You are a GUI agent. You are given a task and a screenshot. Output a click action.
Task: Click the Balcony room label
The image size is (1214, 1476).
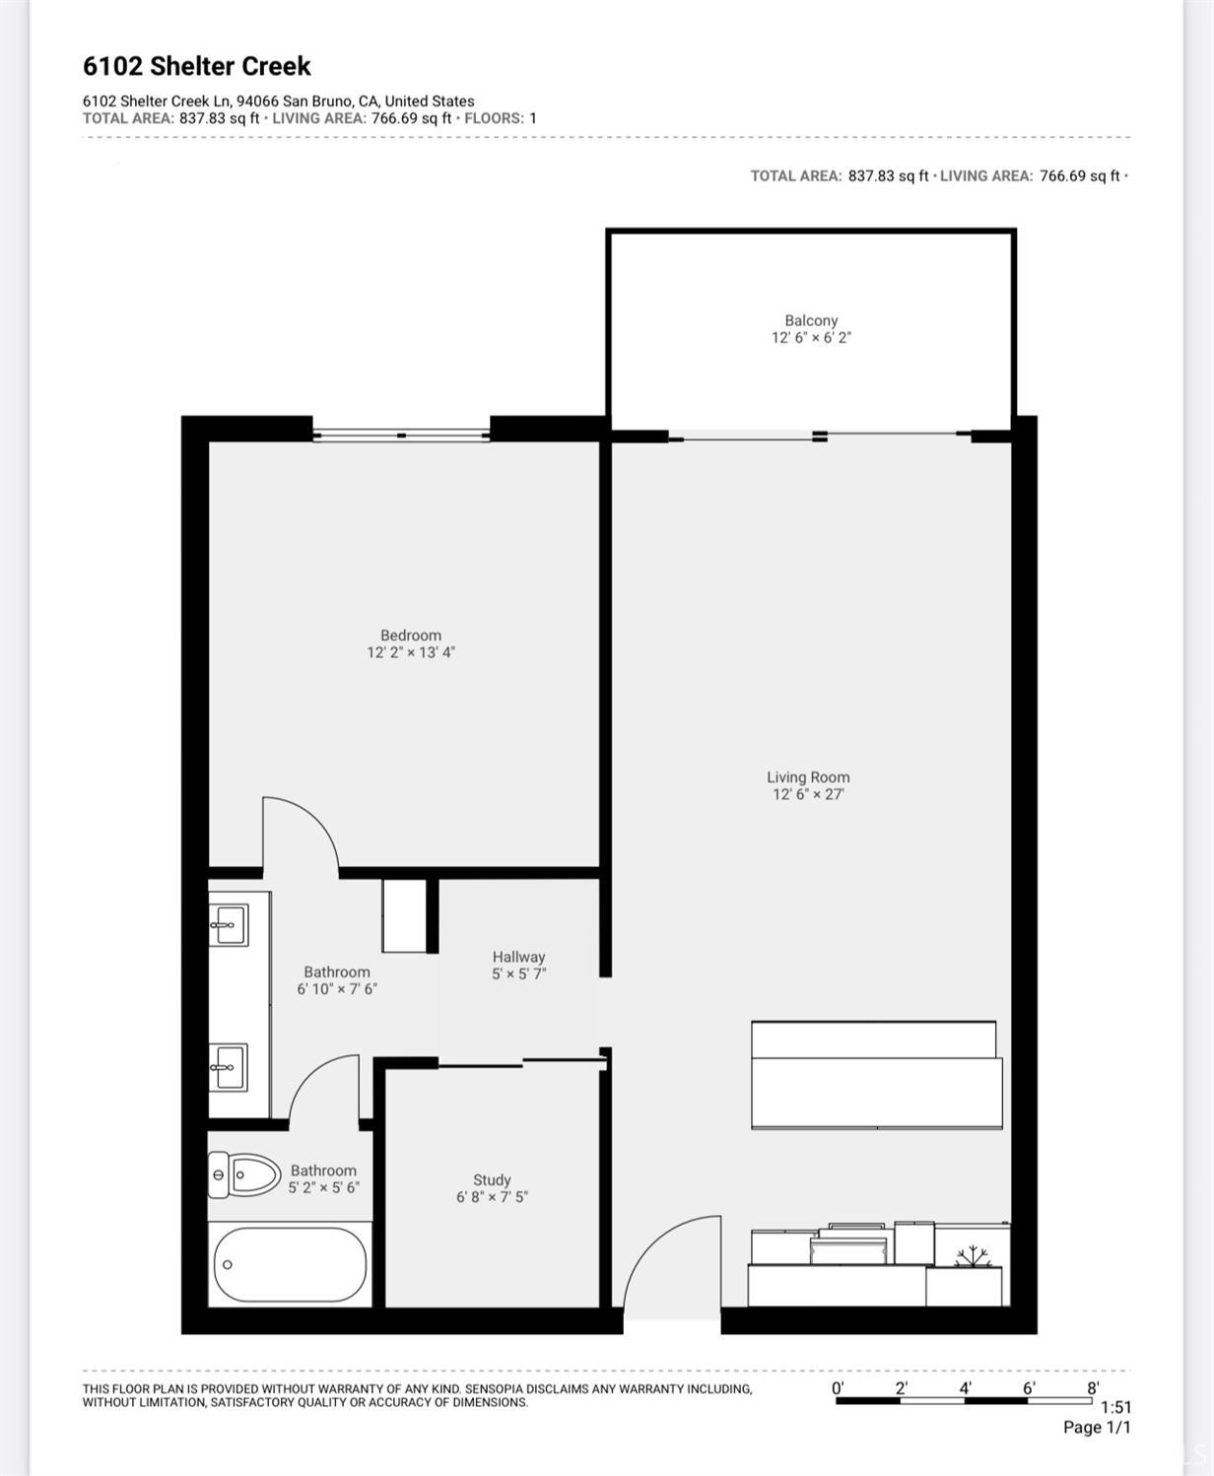pos(811,320)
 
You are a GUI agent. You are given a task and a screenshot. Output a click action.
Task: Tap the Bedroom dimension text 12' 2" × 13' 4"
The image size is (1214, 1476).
pos(411,652)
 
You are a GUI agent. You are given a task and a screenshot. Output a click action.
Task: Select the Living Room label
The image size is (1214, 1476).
pos(808,777)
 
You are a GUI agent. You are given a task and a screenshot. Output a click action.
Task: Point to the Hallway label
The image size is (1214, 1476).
pos(518,957)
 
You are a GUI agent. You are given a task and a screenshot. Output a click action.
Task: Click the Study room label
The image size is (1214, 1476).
pos(492,1179)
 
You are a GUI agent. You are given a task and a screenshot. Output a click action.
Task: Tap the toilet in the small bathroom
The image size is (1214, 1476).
pos(243,1174)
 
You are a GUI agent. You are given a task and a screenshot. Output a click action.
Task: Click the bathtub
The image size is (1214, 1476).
pos(290,1264)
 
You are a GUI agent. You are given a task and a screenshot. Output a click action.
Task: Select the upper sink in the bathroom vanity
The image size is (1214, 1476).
pos(229,925)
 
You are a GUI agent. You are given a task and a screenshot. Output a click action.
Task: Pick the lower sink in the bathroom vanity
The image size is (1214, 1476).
pos(229,1066)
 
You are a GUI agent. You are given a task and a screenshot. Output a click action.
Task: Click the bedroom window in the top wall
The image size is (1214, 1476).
pos(401,435)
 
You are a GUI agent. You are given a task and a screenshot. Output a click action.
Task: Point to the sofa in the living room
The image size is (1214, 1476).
pos(876,1075)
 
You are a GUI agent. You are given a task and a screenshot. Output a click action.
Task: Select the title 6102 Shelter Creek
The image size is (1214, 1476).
pos(196,66)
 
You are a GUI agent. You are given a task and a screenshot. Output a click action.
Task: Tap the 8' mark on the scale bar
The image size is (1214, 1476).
pos(1093,1387)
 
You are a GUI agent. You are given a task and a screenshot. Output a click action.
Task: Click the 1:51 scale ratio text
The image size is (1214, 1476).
pos(1115,1408)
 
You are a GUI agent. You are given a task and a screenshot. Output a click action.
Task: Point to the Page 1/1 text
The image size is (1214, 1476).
pos(1097,1427)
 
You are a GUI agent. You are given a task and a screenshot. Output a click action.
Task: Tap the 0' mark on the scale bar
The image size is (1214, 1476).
pos(838,1387)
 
